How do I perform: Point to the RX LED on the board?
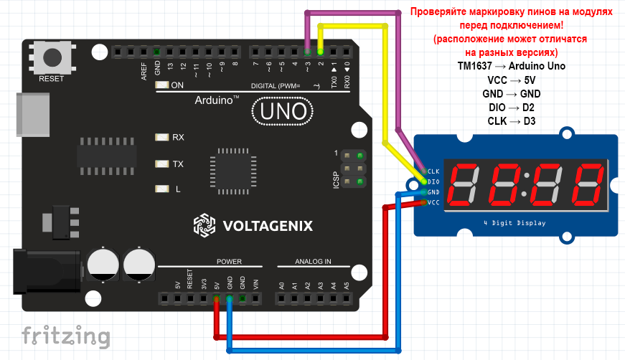(161, 136)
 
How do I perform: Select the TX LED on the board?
(161, 164)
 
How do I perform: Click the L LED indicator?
(161, 189)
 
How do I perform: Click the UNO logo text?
(283, 112)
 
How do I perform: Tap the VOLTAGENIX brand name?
(267, 226)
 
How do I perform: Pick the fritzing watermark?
(65, 336)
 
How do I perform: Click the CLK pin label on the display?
(433, 171)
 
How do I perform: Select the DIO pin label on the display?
(433, 182)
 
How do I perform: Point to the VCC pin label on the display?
(433, 202)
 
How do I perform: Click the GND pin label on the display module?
(433, 192)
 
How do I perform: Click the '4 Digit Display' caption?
(514, 223)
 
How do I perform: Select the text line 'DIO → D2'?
(511, 107)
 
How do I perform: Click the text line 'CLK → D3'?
(511, 120)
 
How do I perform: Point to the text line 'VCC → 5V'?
(511, 80)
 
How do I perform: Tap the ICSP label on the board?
(336, 179)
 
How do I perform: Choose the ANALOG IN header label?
(313, 262)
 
